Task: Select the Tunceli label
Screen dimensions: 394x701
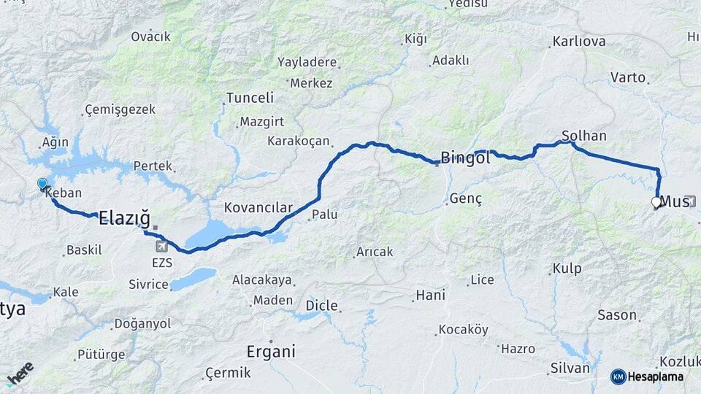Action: pos(250,98)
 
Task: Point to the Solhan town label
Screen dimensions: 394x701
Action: pos(584,136)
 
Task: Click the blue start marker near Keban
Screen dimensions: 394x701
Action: pos(42,185)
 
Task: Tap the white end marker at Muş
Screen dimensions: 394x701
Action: pos(656,203)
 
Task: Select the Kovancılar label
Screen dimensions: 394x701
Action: pos(258,208)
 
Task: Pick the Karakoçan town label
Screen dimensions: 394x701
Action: pos(299,141)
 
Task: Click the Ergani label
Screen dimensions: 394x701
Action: pos(271,351)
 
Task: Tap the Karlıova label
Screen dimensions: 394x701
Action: pos(579,42)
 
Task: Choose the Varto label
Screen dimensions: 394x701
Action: pos(628,77)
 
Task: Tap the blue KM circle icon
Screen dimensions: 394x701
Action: pos(618,376)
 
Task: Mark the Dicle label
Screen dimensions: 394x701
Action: pos(321,305)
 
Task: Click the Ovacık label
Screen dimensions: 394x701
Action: pos(151,36)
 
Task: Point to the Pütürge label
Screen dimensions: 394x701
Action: pos(101,355)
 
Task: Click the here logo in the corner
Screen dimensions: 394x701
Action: pos(20,374)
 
